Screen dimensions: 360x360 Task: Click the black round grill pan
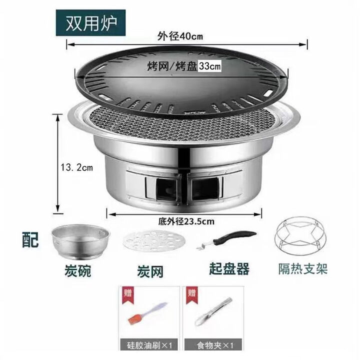pyautogui.click(x=182, y=85)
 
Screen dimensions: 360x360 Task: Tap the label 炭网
pyautogui.click(x=150, y=272)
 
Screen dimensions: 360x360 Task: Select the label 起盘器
pyautogui.click(x=229, y=269)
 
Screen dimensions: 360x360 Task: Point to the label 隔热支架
pyautogui.click(x=302, y=269)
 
